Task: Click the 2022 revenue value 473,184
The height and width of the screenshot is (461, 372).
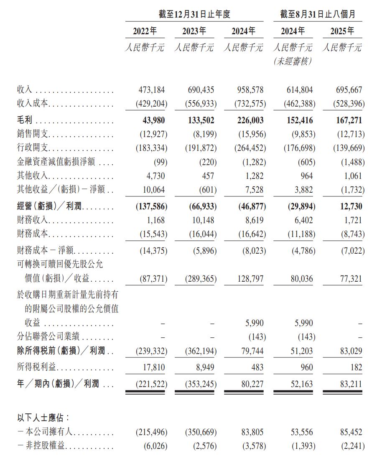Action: point(151,90)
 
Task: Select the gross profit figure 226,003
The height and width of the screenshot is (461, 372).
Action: point(249,121)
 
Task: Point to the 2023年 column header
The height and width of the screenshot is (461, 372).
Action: point(194,31)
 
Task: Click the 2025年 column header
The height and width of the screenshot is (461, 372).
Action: point(342,31)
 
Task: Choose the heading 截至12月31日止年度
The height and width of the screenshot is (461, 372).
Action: point(194,14)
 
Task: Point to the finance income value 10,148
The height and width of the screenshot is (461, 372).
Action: point(202,220)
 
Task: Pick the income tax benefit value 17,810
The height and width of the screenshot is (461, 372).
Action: point(153,367)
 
